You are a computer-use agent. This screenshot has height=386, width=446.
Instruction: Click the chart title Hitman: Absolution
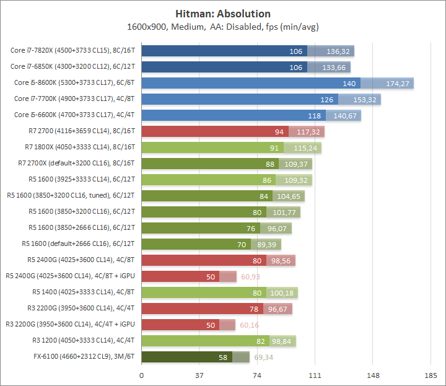222,13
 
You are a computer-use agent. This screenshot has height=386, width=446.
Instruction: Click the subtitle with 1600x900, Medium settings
222,27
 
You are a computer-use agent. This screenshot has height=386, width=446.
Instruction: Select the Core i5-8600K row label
75,83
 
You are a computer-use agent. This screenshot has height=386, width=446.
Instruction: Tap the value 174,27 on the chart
398,83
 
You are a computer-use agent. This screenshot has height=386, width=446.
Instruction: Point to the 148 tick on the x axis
372,376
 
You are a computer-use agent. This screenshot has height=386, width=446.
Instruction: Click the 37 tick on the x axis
199,376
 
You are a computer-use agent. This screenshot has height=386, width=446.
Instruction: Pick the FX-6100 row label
85,357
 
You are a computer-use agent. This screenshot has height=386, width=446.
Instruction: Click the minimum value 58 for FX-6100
223,357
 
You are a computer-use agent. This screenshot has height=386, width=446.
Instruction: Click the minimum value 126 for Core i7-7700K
327,99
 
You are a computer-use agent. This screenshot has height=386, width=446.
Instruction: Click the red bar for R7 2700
211,131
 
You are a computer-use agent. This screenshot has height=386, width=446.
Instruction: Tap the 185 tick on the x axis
430,376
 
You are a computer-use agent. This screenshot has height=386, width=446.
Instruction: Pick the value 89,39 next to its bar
267,244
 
